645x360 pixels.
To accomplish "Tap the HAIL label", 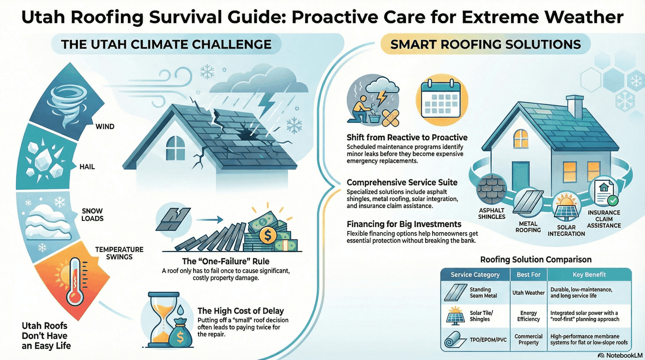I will [87, 166].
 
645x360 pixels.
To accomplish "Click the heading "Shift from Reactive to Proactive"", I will [407, 137].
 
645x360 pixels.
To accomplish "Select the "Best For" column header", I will [528, 275].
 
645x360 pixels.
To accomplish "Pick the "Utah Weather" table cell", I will [528, 293].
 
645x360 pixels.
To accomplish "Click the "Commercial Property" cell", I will [528, 339].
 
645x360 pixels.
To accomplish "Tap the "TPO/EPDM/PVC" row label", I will [488, 340].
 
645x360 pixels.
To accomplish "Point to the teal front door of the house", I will [520, 173].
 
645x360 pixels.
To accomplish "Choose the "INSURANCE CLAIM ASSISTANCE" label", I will [603, 219].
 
